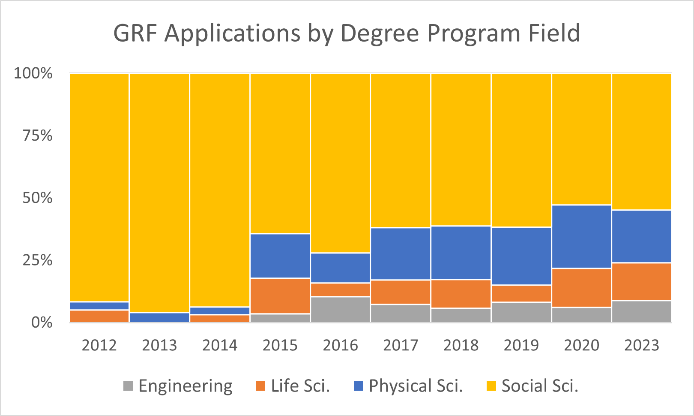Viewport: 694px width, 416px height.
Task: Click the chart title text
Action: (347, 33)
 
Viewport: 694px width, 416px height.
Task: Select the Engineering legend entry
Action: (185, 386)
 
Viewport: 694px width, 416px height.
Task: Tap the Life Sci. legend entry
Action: (300, 386)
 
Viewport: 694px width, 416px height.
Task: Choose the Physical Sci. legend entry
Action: (416, 386)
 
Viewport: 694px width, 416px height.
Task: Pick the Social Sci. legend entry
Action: (539, 386)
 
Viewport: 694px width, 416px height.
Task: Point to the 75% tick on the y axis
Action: (38, 136)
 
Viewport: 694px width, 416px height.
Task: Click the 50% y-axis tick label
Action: (38, 198)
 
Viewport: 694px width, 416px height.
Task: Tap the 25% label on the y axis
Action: (38, 260)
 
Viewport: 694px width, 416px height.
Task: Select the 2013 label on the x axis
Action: (159, 345)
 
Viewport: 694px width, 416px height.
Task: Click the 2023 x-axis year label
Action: (641, 345)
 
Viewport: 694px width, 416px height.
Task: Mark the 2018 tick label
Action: (461, 345)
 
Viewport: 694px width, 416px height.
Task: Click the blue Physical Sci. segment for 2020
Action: (581, 237)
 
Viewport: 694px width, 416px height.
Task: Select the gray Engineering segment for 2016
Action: (340, 309)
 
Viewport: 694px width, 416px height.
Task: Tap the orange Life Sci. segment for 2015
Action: (280, 296)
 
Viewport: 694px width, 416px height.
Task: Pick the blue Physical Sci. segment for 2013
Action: (159, 317)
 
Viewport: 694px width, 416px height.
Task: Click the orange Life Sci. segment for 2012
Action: (99, 316)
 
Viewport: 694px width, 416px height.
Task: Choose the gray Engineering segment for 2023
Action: (641, 311)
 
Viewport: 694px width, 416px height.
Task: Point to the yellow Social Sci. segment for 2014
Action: (220, 189)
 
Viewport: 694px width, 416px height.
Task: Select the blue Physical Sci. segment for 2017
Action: (401, 254)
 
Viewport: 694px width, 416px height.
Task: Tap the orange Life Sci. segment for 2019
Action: (521, 294)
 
